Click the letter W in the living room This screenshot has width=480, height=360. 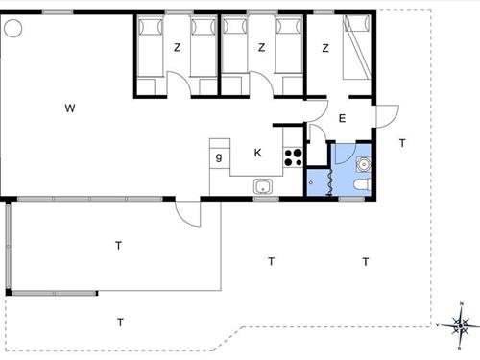point(69,108)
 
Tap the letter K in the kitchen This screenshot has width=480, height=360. point(257,153)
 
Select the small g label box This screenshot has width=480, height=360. point(220,156)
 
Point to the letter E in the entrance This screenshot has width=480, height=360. point(342,119)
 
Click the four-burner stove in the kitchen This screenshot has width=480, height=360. point(294,156)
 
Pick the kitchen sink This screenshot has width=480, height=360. point(263,186)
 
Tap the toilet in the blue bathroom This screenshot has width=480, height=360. point(361,185)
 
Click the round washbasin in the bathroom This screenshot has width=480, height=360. point(363,162)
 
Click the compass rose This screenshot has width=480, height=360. point(462,326)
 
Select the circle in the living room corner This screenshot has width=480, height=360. point(13,29)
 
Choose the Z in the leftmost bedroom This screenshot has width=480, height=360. point(177,47)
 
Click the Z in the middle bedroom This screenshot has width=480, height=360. point(261,47)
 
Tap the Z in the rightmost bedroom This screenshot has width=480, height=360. point(326,47)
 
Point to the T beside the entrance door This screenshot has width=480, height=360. point(402,142)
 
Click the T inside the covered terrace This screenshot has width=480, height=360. point(119,246)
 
